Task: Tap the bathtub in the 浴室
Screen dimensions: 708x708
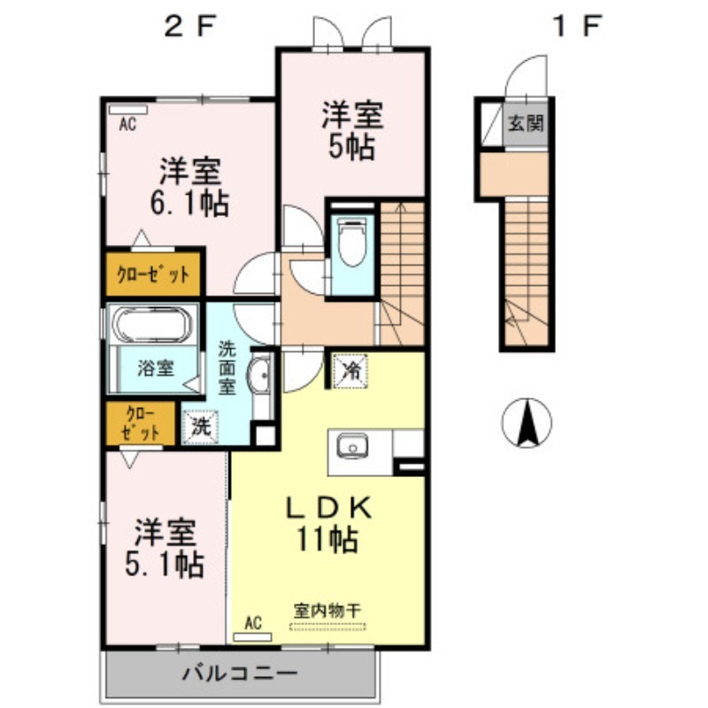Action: pyautogui.click(x=151, y=324)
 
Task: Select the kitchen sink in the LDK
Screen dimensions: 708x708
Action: pyautogui.click(x=352, y=446)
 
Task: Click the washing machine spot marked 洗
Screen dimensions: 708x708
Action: pyautogui.click(x=200, y=427)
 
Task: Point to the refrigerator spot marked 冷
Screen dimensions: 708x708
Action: pyautogui.click(x=350, y=371)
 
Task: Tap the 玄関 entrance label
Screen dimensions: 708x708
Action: pyautogui.click(x=526, y=123)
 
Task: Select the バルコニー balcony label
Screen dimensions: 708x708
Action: pyautogui.click(x=240, y=673)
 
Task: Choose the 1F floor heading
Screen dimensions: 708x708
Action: pyautogui.click(x=577, y=27)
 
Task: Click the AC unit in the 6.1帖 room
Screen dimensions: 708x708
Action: pyautogui.click(x=128, y=110)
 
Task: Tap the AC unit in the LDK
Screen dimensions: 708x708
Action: pyautogui.click(x=252, y=637)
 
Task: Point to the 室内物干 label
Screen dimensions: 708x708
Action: pyautogui.click(x=327, y=612)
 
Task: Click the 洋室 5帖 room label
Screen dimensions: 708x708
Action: pyautogui.click(x=352, y=131)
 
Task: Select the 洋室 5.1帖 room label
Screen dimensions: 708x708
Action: pyautogui.click(x=165, y=549)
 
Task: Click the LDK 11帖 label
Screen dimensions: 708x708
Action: pyautogui.click(x=328, y=524)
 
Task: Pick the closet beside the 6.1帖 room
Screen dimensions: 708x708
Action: pyautogui.click(x=153, y=274)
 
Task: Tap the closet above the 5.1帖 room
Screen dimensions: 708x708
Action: pyautogui.click(x=141, y=424)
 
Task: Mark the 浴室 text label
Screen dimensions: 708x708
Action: pyautogui.click(x=156, y=368)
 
